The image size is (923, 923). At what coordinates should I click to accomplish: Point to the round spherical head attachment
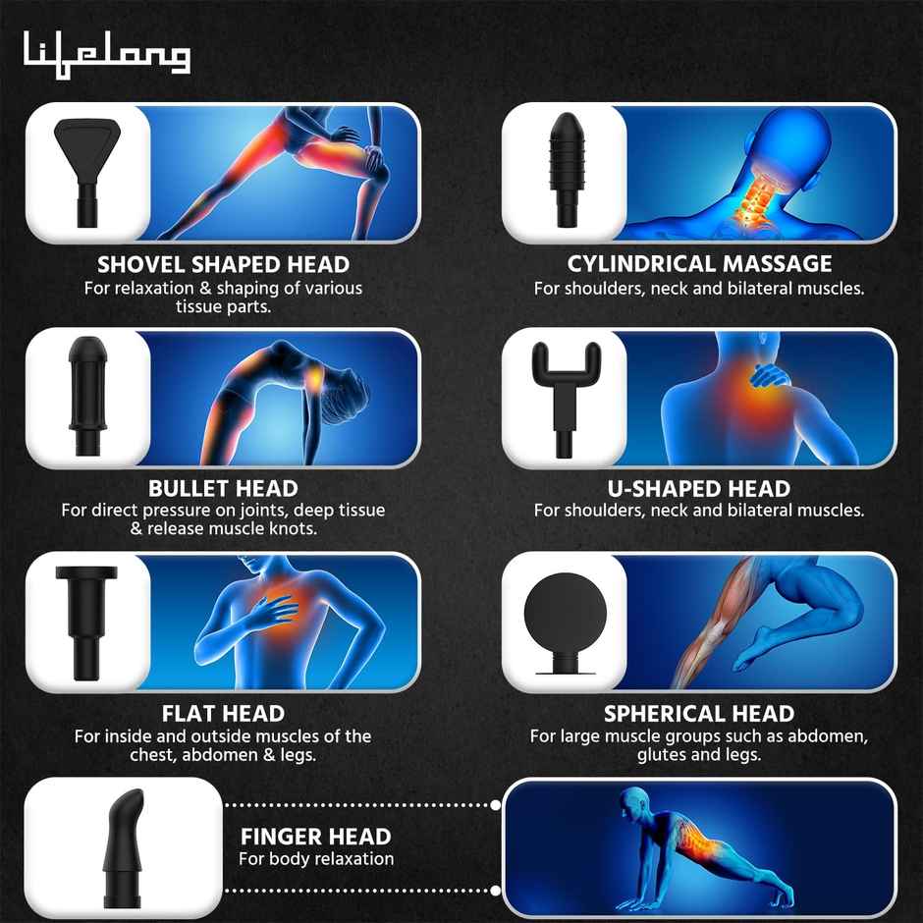point(563,619)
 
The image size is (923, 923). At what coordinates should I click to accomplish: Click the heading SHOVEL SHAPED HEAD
point(223,264)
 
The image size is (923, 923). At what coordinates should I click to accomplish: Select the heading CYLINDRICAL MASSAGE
point(699,264)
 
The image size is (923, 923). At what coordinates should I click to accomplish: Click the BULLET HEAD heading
point(223,488)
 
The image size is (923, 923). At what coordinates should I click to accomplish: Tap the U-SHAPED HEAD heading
point(699,488)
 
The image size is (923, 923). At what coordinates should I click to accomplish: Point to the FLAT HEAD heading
point(223,713)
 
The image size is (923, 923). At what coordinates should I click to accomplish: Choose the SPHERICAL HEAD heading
point(699,713)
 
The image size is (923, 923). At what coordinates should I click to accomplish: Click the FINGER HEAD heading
point(316,837)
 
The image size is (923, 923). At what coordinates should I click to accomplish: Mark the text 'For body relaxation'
point(316,859)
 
